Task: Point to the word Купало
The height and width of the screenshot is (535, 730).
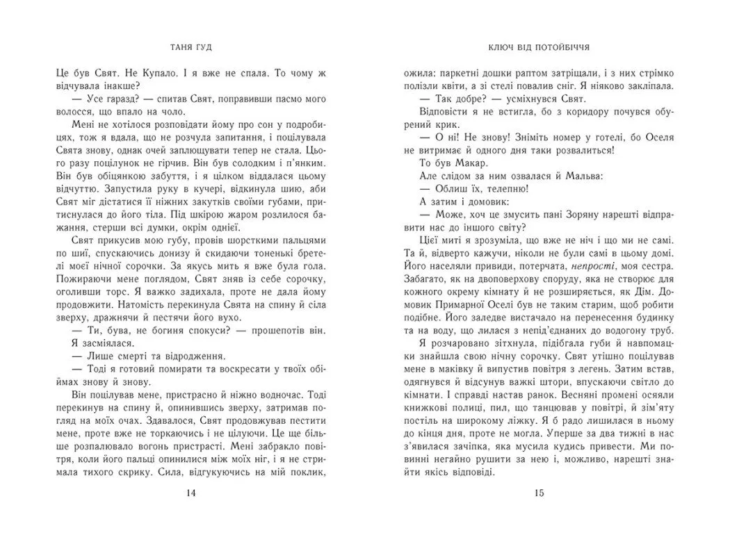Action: (155, 71)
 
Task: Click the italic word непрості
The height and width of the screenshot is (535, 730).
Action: (591, 265)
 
